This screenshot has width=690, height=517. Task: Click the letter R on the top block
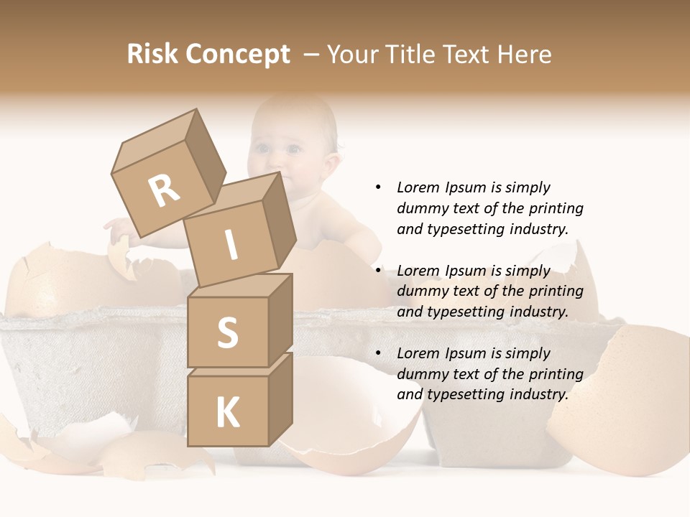(164, 191)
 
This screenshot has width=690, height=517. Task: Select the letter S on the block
(227, 332)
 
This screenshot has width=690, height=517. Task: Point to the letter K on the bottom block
(227, 413)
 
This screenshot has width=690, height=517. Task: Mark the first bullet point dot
(378, 187)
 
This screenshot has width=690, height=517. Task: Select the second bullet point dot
(378, 271)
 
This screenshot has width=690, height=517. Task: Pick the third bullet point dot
(378, 353)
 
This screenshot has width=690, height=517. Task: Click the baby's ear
(332, 154)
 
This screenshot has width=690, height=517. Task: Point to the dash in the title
(312, 55)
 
